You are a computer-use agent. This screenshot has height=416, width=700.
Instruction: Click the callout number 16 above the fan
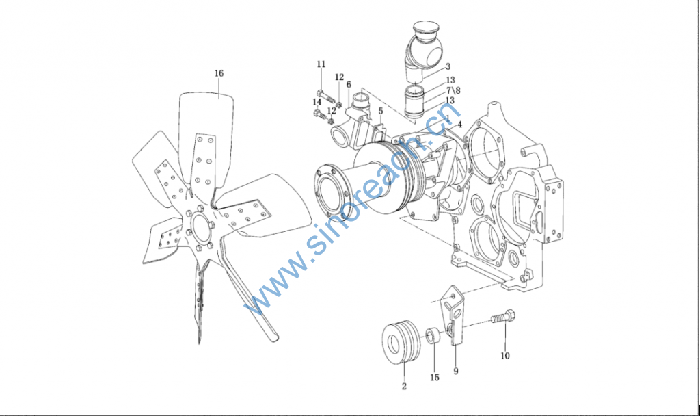(x=219, y=73)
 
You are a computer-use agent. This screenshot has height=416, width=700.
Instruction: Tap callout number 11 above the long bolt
(x=321, y=64)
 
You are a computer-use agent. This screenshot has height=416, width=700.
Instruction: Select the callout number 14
(x=317, y=103)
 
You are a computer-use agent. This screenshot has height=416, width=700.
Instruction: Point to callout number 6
(x=349, y=84)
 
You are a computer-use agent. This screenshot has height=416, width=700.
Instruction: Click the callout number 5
(x=380, y=111)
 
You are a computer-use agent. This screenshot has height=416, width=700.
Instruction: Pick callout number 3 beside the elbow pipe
(x=448, y=67)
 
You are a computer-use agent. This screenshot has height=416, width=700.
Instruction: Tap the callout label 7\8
(x=453, y=90)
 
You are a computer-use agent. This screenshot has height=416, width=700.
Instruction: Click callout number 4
(x=459, y=125)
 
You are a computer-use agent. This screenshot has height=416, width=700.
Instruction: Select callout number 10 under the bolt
(x=505, y=356)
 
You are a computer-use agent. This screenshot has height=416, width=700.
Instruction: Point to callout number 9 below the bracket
(x=456, y=371)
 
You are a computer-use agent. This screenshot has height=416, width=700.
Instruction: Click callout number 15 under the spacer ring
(x=435, y=378)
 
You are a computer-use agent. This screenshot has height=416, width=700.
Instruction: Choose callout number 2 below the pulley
(x=404, y=387)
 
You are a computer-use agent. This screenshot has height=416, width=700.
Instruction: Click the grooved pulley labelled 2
(x=401, y=342)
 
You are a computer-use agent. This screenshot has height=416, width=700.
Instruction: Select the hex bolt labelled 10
(x=504, y=317)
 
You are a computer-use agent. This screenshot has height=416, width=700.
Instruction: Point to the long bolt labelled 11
(x=325, y=97)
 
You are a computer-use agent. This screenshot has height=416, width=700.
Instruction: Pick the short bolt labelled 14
(x=319, y=115)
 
